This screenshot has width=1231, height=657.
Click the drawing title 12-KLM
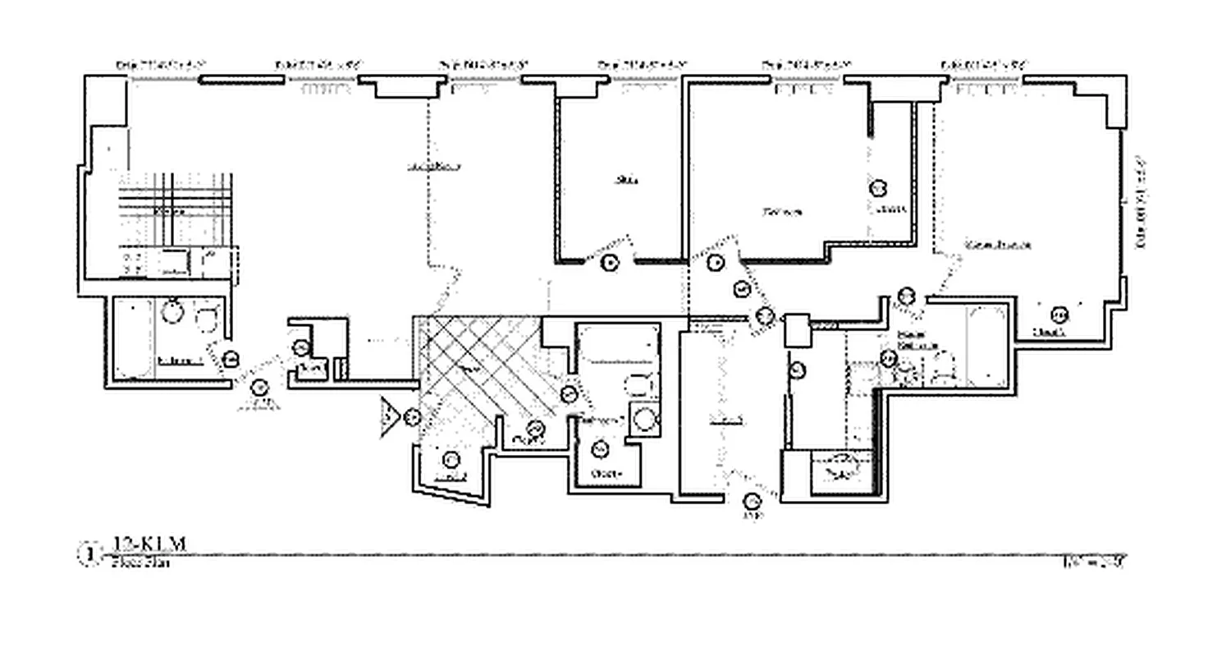tap(149, 544)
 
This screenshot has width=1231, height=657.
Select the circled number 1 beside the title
tap(87, 554)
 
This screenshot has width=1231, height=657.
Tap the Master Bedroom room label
tap(998, 245)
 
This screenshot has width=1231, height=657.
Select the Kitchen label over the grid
tap(170, 212)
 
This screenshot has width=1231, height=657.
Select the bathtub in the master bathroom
tap(986, 345)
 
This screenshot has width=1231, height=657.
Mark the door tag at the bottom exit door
tap(752, 502)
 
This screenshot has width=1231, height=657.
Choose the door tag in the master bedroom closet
tap(1059, 315)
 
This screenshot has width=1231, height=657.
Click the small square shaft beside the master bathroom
tap(797, 331)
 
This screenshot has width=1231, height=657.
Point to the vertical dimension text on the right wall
tap(1140, 201)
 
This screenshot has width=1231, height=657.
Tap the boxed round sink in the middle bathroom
tap(644, 418)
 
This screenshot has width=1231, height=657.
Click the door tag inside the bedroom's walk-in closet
tap(878, 188)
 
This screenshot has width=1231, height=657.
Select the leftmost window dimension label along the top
tap(160, 64)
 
